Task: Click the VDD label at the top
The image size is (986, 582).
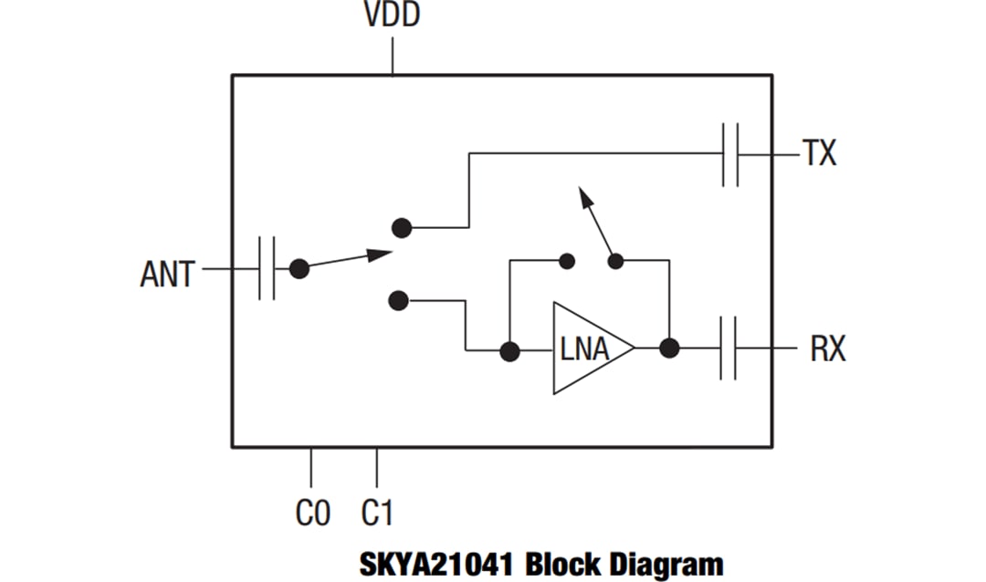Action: (x=393, y=16)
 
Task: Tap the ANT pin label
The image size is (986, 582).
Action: (x=167, y=273)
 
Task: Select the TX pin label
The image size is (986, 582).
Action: (x=819, y=154)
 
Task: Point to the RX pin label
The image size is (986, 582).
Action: (x=827, y=348)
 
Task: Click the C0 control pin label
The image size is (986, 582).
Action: (x=313, y=514)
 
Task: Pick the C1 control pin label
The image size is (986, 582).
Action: (x=376, y=514)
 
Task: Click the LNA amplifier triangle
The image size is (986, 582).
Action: (x=589, y=348)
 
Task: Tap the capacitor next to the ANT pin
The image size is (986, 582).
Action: (x=267, y=268)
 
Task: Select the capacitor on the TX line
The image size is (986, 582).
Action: (x=730, y=154)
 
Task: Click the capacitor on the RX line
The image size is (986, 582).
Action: (x=729, y=348)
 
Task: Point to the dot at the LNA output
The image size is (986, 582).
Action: (x=669, y=348)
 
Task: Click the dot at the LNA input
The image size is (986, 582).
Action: (x=509, y=350)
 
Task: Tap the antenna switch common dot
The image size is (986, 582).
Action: (x=299, y=268)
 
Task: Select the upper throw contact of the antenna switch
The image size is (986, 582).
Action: (x=399, y=226)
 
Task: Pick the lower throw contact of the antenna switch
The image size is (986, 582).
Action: (x=398, y=299)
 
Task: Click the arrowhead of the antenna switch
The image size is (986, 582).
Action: (x=380, y=255)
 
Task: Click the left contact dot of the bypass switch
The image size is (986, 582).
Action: (x=566, y=261)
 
